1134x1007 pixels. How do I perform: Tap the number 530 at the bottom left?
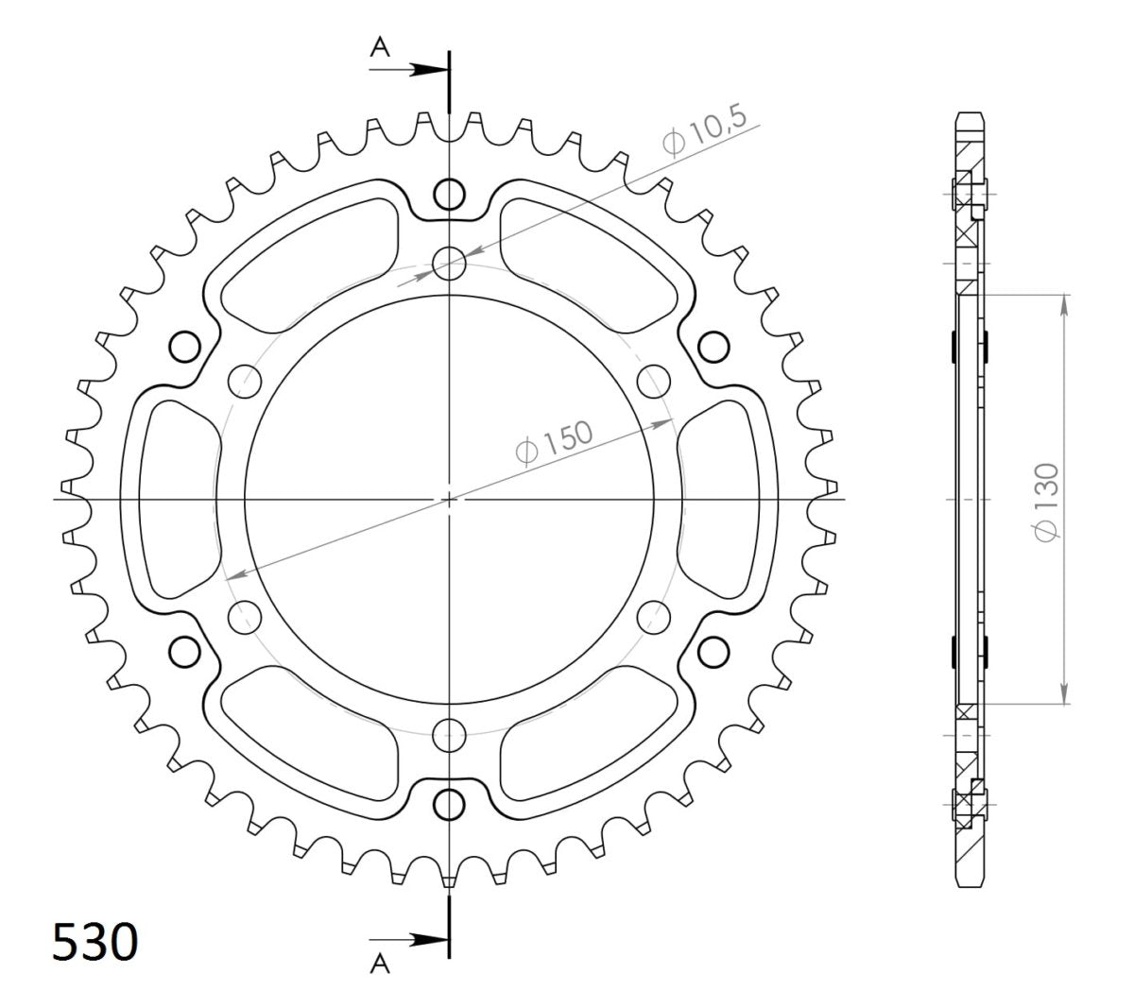(x=94, y=944)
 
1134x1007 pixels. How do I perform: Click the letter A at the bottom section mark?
(x=380, y=963)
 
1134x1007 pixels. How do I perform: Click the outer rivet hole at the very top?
(x=450, y=195)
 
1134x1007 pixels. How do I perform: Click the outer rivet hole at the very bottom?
(x=450, y=803)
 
